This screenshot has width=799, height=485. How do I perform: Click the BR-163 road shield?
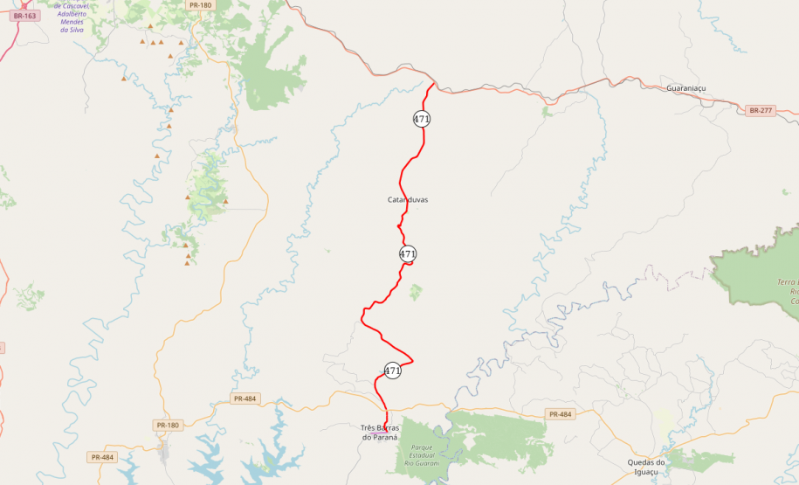25,16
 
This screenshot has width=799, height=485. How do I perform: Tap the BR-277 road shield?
760,110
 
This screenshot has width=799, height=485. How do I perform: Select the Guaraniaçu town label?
685,89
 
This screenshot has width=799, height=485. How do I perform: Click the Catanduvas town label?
408,200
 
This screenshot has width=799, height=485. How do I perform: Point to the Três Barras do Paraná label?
379,433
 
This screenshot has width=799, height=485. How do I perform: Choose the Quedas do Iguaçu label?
646,467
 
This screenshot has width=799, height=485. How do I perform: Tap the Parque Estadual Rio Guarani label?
422,455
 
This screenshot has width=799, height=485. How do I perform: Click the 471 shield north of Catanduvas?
422,119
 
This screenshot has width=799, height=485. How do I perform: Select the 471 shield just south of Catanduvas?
408,254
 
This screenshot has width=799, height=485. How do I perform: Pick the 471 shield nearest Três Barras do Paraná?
393,371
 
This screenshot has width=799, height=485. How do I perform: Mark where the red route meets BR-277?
435,84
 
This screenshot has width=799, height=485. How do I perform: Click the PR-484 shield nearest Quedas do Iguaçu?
559,414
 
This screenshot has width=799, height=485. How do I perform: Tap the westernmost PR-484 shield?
102,457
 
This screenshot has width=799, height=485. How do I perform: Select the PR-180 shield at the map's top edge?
200,5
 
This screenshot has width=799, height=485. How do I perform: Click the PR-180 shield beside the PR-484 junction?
167,426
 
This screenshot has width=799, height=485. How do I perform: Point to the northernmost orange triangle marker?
143,40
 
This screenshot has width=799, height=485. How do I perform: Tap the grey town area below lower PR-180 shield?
163,450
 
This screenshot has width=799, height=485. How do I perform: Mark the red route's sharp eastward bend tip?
412,359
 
